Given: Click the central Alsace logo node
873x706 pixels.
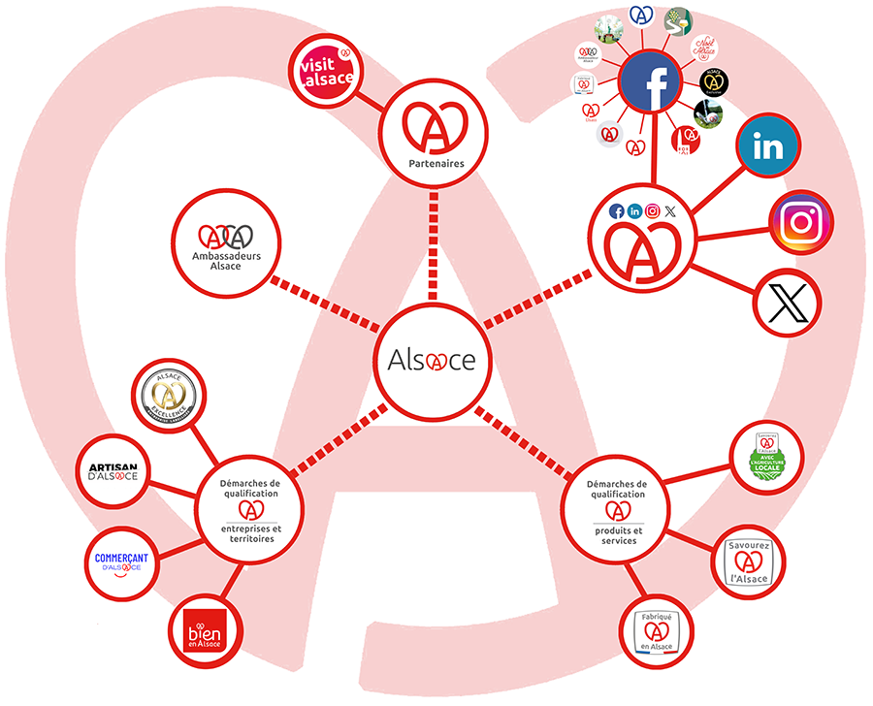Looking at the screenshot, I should coord(431,360).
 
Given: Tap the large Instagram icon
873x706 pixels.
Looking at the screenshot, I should coord(801,222).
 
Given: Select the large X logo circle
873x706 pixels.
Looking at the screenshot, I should coord(788,304).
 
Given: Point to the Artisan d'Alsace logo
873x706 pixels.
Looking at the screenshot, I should coord(113,472).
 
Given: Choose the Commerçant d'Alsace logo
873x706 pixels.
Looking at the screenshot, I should coord(118,562).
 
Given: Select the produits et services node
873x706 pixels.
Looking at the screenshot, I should coord(616,510).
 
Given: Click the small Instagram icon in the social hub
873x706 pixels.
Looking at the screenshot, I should coord(653,210).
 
